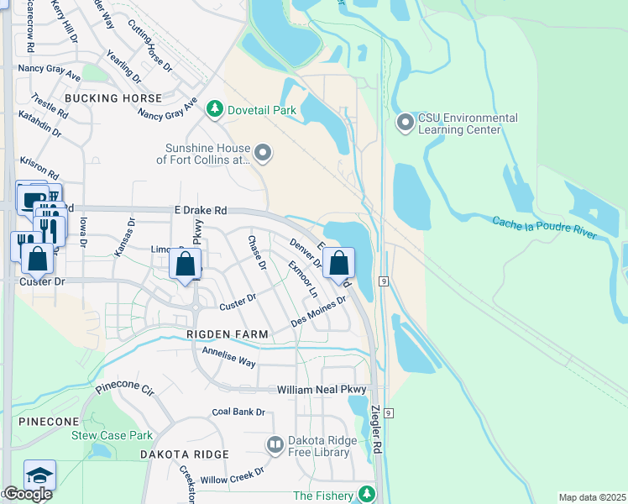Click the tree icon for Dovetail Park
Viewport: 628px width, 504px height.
pos(216,109)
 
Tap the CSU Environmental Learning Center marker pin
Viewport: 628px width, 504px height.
pos(406,123)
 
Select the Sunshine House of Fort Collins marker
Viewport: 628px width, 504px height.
pos(264,153)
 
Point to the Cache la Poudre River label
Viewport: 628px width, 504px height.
pos(544,227)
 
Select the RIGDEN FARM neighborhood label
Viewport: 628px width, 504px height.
pos(228,334)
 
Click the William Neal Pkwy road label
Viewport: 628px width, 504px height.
pos(322,391)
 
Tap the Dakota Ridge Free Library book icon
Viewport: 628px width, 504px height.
pos(275,444)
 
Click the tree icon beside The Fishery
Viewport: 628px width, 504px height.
pos(366,493)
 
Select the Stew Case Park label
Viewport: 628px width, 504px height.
pos(112,435)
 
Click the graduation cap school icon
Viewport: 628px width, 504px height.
pos(40,475)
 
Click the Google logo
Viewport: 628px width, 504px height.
pos(27,494)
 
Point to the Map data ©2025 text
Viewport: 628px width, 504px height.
pos(591,497)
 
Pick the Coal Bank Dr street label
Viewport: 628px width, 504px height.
pos(238,412)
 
